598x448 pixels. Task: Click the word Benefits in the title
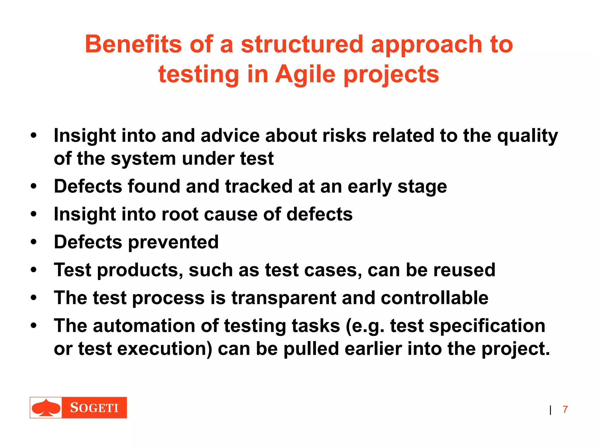point(133,44)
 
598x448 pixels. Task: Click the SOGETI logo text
point(94,407)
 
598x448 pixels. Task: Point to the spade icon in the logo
point(46,407)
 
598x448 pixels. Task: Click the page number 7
point(565,409)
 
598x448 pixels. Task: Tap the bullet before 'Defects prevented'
point(34,242)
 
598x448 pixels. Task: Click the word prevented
point(173,242)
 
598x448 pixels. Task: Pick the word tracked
point(258,186)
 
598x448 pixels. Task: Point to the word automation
point(144,326)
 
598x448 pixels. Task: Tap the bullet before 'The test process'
point(34,298)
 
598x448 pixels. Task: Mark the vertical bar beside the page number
point(550,410)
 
